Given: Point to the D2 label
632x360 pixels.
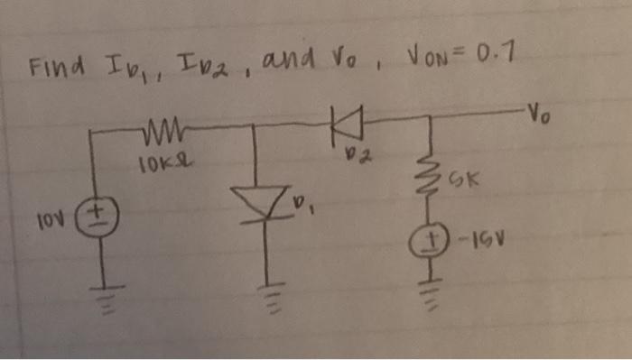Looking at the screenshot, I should pyautogui.click(x=361, y=159).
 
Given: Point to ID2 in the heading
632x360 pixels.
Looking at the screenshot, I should pyautogui.click(x=214, y=65).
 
